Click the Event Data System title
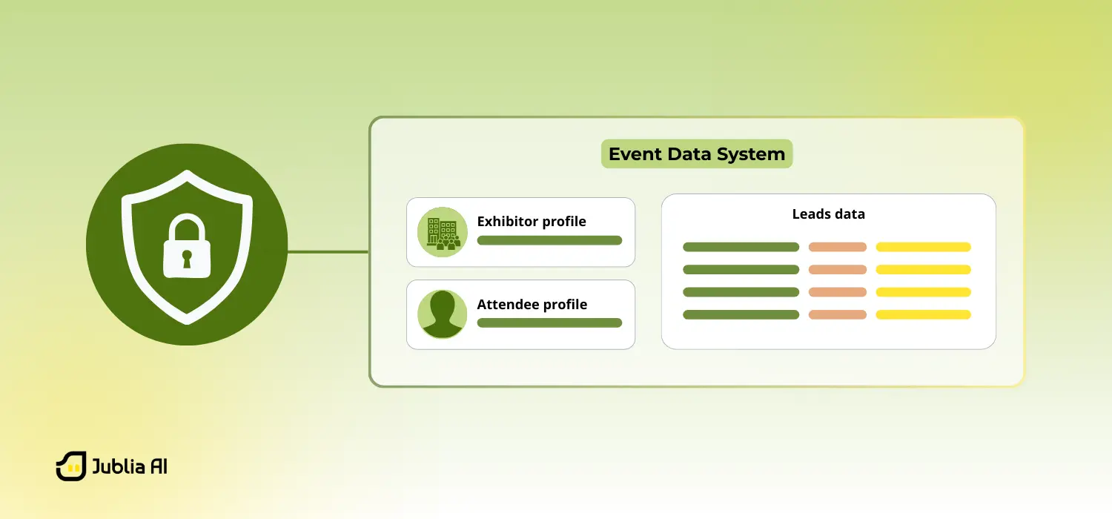point(696,154)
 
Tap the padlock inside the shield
point(187,248)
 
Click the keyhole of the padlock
point(187,259)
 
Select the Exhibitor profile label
point(532,222)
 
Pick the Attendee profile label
point(532,305)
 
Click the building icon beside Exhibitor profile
point(443,232)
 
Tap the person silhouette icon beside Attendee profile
point(443,314)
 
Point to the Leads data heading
point(828,214)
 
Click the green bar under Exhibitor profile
point(549,240)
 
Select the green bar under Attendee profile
point(549,323)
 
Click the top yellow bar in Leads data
point(923,247)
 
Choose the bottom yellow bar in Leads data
point(923,314)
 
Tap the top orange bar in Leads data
point(837,247)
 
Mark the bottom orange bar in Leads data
point(837,314)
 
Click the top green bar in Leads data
point(741,247)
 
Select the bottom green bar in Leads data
point(741,314)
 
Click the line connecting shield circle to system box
point(328,251)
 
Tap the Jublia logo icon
point(71,466)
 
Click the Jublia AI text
point(130,466)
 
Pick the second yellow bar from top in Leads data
point(923,270)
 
